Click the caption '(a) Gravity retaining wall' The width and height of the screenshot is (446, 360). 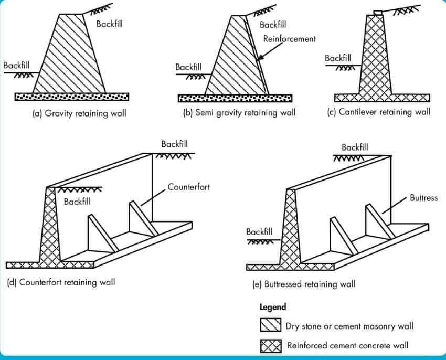(x=80, y=113)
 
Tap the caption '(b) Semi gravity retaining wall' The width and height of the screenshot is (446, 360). (x=239, y=113)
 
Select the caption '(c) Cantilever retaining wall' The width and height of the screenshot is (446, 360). (x=379, y=112)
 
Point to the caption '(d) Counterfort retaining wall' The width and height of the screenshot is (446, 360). (x=61, y=282)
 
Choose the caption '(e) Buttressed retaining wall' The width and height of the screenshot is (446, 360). (x=304, y=284)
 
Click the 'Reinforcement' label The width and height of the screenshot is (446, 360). (x=290, y=39)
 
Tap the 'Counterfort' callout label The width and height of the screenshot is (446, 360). (x=188, y=187)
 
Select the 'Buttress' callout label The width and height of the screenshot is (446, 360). (x=424, y=198)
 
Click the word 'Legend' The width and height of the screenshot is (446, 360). (x=273, y=308)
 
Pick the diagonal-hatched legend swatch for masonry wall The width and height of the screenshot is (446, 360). (x=271, y=325)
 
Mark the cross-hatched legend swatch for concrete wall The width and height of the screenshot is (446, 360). (x=271, y=346)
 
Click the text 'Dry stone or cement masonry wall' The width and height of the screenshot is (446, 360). (x=349, y=326)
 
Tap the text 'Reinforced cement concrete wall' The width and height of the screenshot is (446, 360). (x=348, y=345)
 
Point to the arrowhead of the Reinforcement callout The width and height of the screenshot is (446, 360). (x=259, y=59)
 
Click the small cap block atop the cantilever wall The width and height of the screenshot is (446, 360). (x=378, y=13)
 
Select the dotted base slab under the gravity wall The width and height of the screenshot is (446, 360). (x=72, y=97)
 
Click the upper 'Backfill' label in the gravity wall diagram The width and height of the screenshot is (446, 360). (x=110, y=24)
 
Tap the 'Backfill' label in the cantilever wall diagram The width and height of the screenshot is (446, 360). (x=338, y=58)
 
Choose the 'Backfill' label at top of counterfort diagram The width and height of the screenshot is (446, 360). (x=174, y=144)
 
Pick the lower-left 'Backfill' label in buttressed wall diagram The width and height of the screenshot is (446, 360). (x=259, y=232)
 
